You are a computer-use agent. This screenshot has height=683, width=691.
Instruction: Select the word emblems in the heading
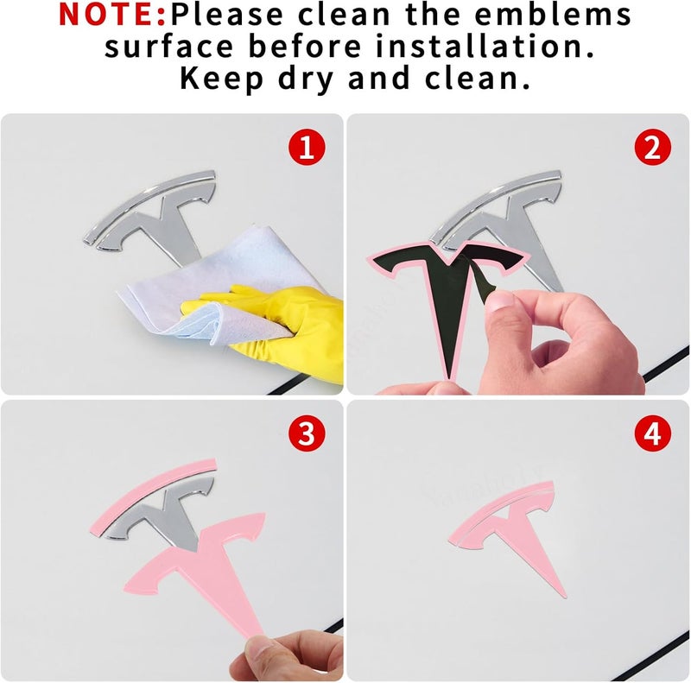pos(553,14)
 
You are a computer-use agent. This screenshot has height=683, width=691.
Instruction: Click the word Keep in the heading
pos(222,79)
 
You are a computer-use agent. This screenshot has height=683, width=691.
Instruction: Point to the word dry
pos(306,79)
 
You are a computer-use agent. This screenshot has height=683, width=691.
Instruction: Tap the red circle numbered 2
pos(653,147)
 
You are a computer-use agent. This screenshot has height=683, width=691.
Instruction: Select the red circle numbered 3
pos(307,433)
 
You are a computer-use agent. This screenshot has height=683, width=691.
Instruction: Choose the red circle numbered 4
pos(653,433)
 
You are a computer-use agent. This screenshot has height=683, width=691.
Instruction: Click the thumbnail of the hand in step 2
pos(499,303)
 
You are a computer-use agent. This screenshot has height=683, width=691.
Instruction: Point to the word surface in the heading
pos(168,47)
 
